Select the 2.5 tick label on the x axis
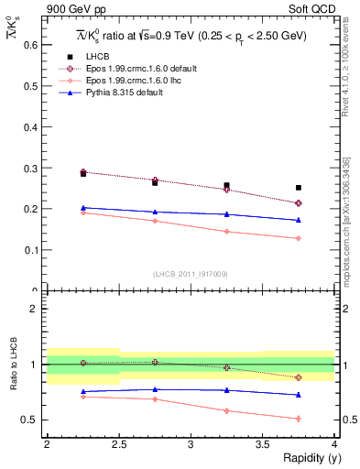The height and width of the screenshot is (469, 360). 118,445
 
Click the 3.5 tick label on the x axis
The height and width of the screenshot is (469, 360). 262,445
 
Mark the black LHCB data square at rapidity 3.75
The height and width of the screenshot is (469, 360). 299,188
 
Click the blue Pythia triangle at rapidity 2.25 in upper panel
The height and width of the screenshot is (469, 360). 83,208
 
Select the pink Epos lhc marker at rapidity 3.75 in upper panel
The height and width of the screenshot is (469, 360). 299,238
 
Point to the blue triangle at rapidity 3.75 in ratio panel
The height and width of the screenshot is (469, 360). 299,395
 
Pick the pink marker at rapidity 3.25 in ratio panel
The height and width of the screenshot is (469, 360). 226,410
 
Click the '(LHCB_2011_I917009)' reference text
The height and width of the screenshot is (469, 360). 190,274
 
